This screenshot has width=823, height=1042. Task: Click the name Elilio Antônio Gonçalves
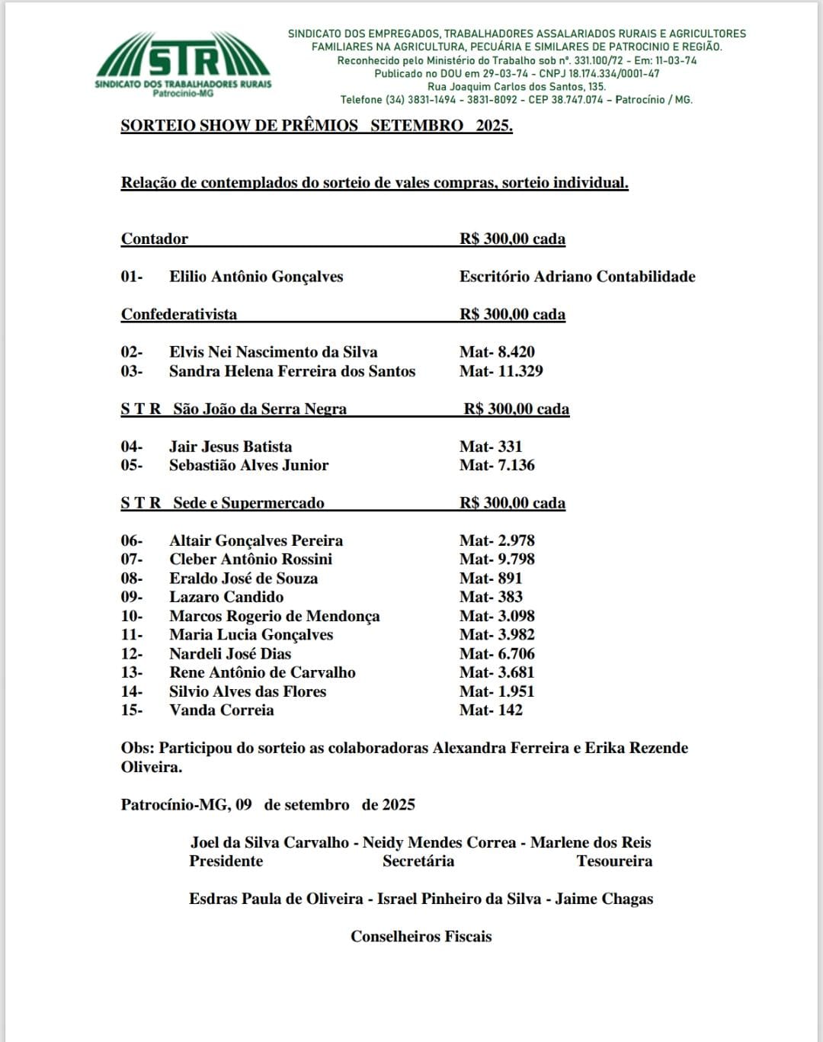click(256, 277)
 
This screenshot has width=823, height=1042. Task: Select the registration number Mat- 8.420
click(497, 352)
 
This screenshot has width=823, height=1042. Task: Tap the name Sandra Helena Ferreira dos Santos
click(292, 371)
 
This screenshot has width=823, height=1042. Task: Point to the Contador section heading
click(155, 239)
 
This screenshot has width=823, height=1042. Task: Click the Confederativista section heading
click(179, 315)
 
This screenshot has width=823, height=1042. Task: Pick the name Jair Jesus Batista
click(230, 447)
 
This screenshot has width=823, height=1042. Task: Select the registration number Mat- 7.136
click(497, 465)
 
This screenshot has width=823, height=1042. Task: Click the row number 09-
click(131, 597)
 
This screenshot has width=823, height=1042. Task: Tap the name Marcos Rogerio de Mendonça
click(274, 616)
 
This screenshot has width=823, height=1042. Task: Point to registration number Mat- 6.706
click(497, 654)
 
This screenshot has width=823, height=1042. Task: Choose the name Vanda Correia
click(221, 710)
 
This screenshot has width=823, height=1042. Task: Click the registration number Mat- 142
click(491, 710)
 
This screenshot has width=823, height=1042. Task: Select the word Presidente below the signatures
click(226, 861)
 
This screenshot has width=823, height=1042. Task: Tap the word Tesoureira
click(614, 861)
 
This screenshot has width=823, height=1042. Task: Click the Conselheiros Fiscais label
click(421, 937)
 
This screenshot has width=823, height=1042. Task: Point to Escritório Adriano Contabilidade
click(577, 277)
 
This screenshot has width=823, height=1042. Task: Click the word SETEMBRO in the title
click(417, 126)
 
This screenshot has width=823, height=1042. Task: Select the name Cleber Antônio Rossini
click(251, 559)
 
